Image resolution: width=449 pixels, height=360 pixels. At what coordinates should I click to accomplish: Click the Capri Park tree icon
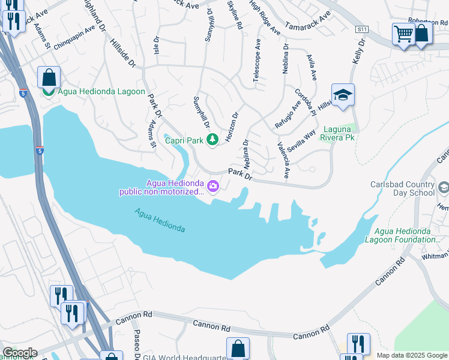click(x=212, y=140)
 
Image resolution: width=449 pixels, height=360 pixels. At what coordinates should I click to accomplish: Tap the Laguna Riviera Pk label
click(x=340, y=133)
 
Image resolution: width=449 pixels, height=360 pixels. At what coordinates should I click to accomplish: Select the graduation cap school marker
click(x=343, y=95)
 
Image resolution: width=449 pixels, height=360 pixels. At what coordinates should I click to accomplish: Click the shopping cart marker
click(x=403, y=34)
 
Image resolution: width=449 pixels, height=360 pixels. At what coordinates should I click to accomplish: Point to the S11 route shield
click(x=361, y=29)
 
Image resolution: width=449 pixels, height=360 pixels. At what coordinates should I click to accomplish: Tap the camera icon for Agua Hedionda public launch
click(x=212, y=188)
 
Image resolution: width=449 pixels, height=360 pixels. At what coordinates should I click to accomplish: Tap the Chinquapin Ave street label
click(x=74, y=38)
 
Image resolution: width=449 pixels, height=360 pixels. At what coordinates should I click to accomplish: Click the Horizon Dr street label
click(x=232, y=127)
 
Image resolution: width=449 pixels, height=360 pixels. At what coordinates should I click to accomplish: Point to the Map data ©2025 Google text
click(x=412, y=355)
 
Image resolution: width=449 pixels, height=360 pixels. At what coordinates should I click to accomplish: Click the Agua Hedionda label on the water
click(x=160, y=220)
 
